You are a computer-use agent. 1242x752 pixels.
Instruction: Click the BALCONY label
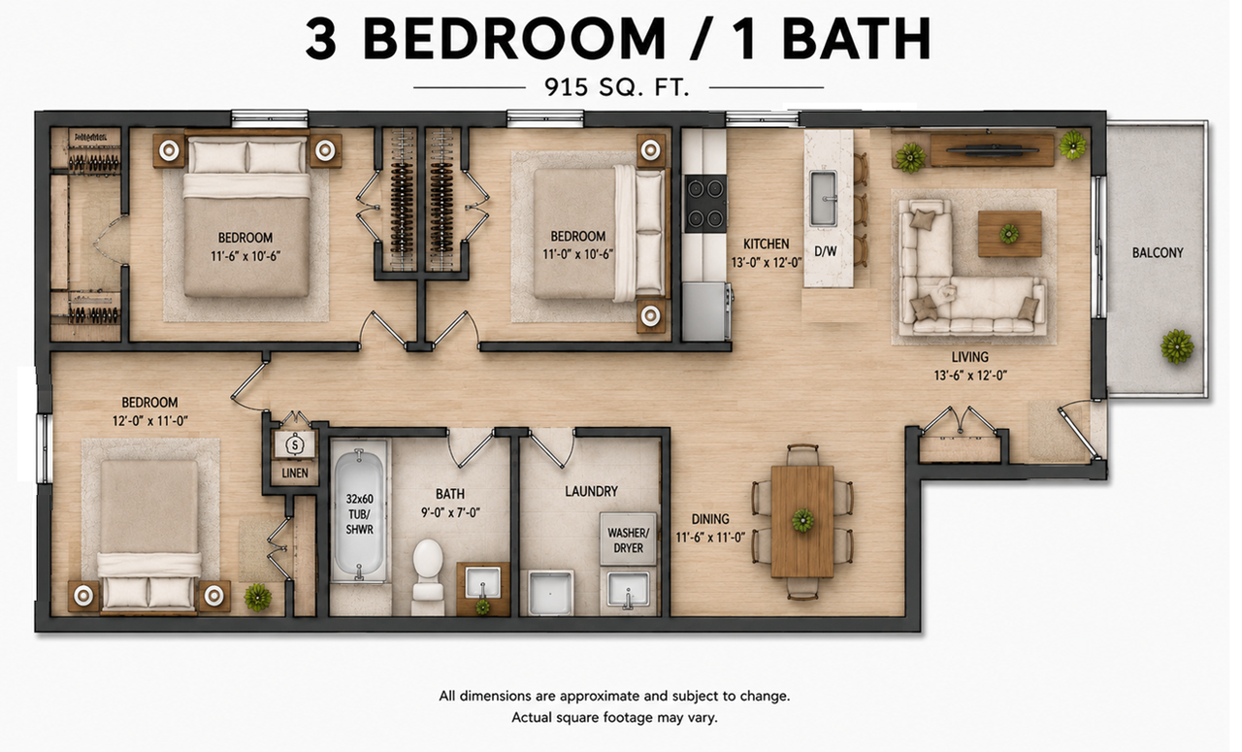click(x=1158, y=253)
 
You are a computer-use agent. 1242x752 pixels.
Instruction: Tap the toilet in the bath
click(x=428, y=576)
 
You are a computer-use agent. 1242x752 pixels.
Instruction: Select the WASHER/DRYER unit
click(x=628, y=539)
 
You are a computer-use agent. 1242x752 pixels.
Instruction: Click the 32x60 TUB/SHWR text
click(x=359, y=514)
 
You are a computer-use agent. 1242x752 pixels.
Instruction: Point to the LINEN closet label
click(x=295, y=474)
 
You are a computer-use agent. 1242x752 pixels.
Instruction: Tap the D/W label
click(x=825, y=251)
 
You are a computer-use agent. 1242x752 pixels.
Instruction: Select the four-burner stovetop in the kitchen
click(x=705, y=203)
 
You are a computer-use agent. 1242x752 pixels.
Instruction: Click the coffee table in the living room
click(x=1009, y=234)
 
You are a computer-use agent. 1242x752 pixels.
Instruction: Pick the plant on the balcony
click(x=1177, y=346)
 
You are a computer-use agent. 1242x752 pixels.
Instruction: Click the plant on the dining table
click(x=802, y=520)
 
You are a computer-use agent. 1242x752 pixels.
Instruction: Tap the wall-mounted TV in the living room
click(x=993, y=148)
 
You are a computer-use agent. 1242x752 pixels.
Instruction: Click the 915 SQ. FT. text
click(x=616, y=87)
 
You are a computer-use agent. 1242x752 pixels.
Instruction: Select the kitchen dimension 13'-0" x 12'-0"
click(x=767, y=262)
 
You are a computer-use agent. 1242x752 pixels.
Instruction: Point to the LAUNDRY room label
click(x=591, y=491)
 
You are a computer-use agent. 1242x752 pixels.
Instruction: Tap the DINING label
click(x=710, y=519)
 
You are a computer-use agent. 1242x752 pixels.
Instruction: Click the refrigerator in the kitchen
click(x=705, y=311)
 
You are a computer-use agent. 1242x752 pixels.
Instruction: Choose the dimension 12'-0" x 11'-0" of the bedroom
click(x=149, y=421)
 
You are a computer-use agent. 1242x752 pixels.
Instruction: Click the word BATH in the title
click(x=856, y=39)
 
